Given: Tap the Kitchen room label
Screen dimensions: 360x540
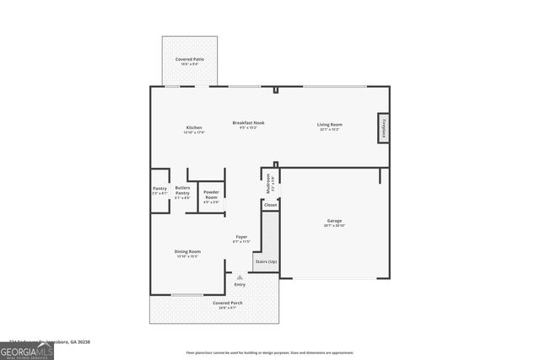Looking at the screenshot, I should (194, 130).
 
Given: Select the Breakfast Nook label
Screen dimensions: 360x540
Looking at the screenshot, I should (248, 125).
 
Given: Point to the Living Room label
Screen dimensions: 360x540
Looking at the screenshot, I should (328, 127).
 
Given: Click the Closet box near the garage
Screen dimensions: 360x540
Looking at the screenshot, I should (270, 204).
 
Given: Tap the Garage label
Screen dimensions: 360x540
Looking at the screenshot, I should (335, 223).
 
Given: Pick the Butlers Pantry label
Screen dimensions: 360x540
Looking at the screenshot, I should (182, 192).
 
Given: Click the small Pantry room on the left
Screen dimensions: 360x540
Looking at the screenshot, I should (159, 191).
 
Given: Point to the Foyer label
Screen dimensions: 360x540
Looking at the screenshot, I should (241, 239).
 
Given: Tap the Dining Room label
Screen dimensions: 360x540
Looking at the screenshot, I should (188, 254).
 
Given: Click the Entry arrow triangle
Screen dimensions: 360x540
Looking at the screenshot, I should (240, 276).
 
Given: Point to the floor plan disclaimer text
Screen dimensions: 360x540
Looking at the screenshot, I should (269, 352).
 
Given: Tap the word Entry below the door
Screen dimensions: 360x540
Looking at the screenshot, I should (240, 285).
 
